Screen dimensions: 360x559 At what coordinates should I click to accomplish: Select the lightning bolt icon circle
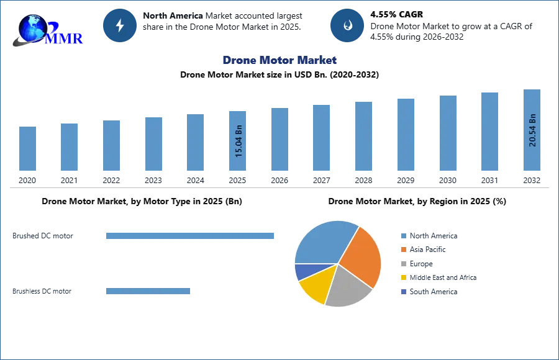[x=120, y=25]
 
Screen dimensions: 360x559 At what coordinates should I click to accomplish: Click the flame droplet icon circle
[x=347, y=25]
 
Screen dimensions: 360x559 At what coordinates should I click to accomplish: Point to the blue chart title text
[x=279, y=61]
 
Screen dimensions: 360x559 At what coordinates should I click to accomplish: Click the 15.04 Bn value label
[x=238, y=142]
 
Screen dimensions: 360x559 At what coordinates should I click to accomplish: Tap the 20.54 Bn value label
[x=532, y=130]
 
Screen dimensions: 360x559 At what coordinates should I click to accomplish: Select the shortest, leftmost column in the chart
[x=27, y=149]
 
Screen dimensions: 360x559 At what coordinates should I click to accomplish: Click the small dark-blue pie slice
[x=302, y=271]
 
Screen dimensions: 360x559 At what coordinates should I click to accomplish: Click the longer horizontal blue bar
[x=191, y=236]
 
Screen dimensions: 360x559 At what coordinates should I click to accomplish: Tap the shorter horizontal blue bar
[x=149, y=292]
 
